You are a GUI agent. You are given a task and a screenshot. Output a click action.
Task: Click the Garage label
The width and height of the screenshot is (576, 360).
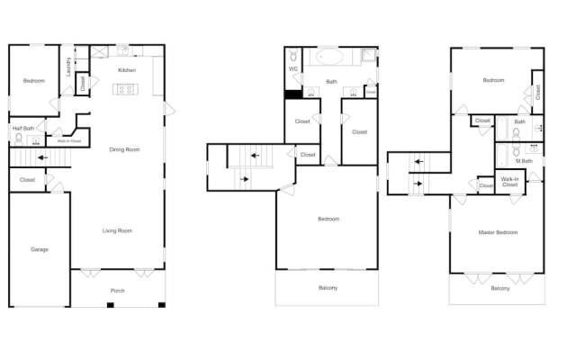pos(39,249)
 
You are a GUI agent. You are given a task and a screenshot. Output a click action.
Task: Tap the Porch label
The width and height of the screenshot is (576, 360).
pos(118,291)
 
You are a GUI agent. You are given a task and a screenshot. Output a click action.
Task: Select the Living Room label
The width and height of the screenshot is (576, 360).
pos(118,230)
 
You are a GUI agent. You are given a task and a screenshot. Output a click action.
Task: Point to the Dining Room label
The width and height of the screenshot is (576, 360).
pos(124,149)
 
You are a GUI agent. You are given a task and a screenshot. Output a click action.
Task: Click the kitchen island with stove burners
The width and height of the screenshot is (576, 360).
pos(125,89)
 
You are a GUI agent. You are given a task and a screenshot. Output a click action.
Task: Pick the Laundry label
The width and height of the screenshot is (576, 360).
pos(69,67)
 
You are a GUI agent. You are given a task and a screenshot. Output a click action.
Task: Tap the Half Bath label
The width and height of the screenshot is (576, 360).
pos(23,128)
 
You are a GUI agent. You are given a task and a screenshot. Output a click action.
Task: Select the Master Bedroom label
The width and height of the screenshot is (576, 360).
pos(497,232)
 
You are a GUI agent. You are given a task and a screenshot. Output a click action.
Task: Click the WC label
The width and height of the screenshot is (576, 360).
pos(292,68)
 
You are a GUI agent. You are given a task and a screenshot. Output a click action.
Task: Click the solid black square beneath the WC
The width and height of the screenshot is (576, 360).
pos(292,94)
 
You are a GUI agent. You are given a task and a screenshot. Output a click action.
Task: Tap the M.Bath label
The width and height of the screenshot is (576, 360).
pos(524,161)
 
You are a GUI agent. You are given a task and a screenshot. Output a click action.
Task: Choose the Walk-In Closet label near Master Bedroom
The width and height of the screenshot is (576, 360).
pos(509,181)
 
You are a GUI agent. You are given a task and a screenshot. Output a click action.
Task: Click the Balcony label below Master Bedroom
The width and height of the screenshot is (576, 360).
pos(500,288)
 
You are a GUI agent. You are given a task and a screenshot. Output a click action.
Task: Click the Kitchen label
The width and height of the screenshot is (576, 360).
pos(127,70)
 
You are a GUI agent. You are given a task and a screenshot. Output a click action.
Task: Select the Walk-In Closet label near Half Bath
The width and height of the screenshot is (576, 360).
pos(69,141)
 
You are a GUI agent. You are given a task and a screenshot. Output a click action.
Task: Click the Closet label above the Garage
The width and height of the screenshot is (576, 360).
pos(27,180)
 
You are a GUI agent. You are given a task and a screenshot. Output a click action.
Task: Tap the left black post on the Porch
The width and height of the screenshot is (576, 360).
pos(109,306)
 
